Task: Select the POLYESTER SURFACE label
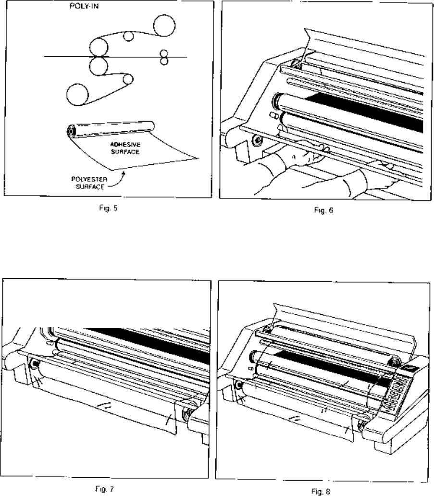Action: [x=86, y=184]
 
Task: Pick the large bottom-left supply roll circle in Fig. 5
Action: [x=78, y=94]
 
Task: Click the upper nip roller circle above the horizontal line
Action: [x=98, y=47]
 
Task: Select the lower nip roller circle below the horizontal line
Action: [x=98, y=66]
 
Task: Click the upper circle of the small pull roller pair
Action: [x=164, y=52]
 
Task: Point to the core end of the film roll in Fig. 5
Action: [x=72, y=130]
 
